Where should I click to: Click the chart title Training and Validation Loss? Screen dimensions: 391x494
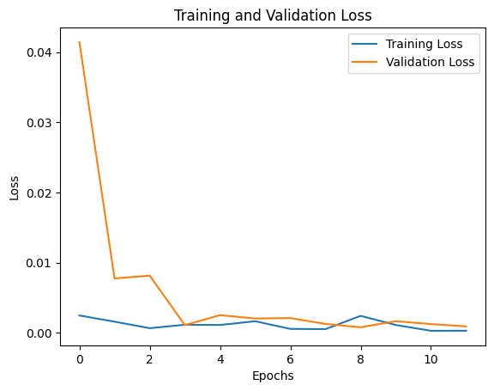(273, 15)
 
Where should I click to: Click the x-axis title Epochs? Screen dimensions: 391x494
(273, 376)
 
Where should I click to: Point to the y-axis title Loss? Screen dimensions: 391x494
(15, 188)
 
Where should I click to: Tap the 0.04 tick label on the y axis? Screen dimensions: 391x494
(39, 52)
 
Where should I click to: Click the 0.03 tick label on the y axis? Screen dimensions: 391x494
(39, 123)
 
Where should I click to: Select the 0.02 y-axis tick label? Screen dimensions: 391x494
(39, 192)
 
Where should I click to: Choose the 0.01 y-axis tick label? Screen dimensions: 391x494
(39, 263)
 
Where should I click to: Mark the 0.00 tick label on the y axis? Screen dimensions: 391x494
(39, 333)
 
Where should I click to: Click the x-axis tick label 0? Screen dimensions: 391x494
(80, 357)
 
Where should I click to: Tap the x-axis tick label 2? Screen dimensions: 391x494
(150, 357)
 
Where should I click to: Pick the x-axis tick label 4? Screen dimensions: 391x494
(220, 357)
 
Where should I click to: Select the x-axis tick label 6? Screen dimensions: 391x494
(291, 357)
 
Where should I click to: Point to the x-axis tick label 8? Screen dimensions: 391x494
(361, 357)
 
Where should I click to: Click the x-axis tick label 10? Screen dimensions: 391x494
(431, 357)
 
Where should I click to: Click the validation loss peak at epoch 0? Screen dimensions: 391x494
(80, 42)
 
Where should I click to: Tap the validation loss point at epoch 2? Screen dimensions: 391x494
(150, 276)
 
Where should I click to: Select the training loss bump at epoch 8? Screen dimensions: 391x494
(361, 315)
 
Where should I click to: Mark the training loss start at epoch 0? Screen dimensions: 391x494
(80, 315)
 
